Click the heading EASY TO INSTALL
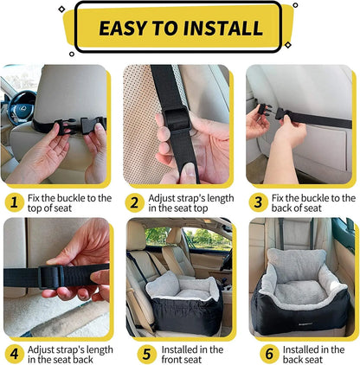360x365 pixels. pos(180,28)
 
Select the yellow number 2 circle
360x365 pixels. pos(135,202)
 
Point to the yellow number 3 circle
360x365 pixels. pos(257,202)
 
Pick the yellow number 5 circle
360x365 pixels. pos(135,355)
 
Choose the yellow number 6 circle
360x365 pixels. pos(257,355)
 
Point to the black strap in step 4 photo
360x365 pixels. pos(35,277)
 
